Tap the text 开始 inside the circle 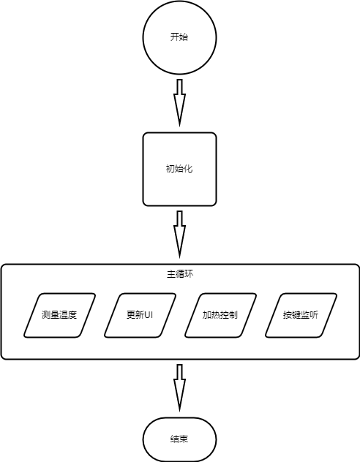[x=179, y=37]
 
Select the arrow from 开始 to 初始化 [x=179, y=103]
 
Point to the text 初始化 [x=179, y=169]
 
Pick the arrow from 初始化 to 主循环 [x=179, y=235]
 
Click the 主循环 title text [x=180, y=274]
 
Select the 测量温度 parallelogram [x=59, y=315]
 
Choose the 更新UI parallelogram [x=140, y=315]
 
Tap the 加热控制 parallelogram [x=220, y=315]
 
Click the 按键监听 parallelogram [x=301, y=315]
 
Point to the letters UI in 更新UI [x=149, y=315]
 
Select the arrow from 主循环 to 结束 [x=179, y=388]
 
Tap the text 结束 [x=179, y=439]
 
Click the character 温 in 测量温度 [x=64, y=315]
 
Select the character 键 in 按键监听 [x=296, y=315]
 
